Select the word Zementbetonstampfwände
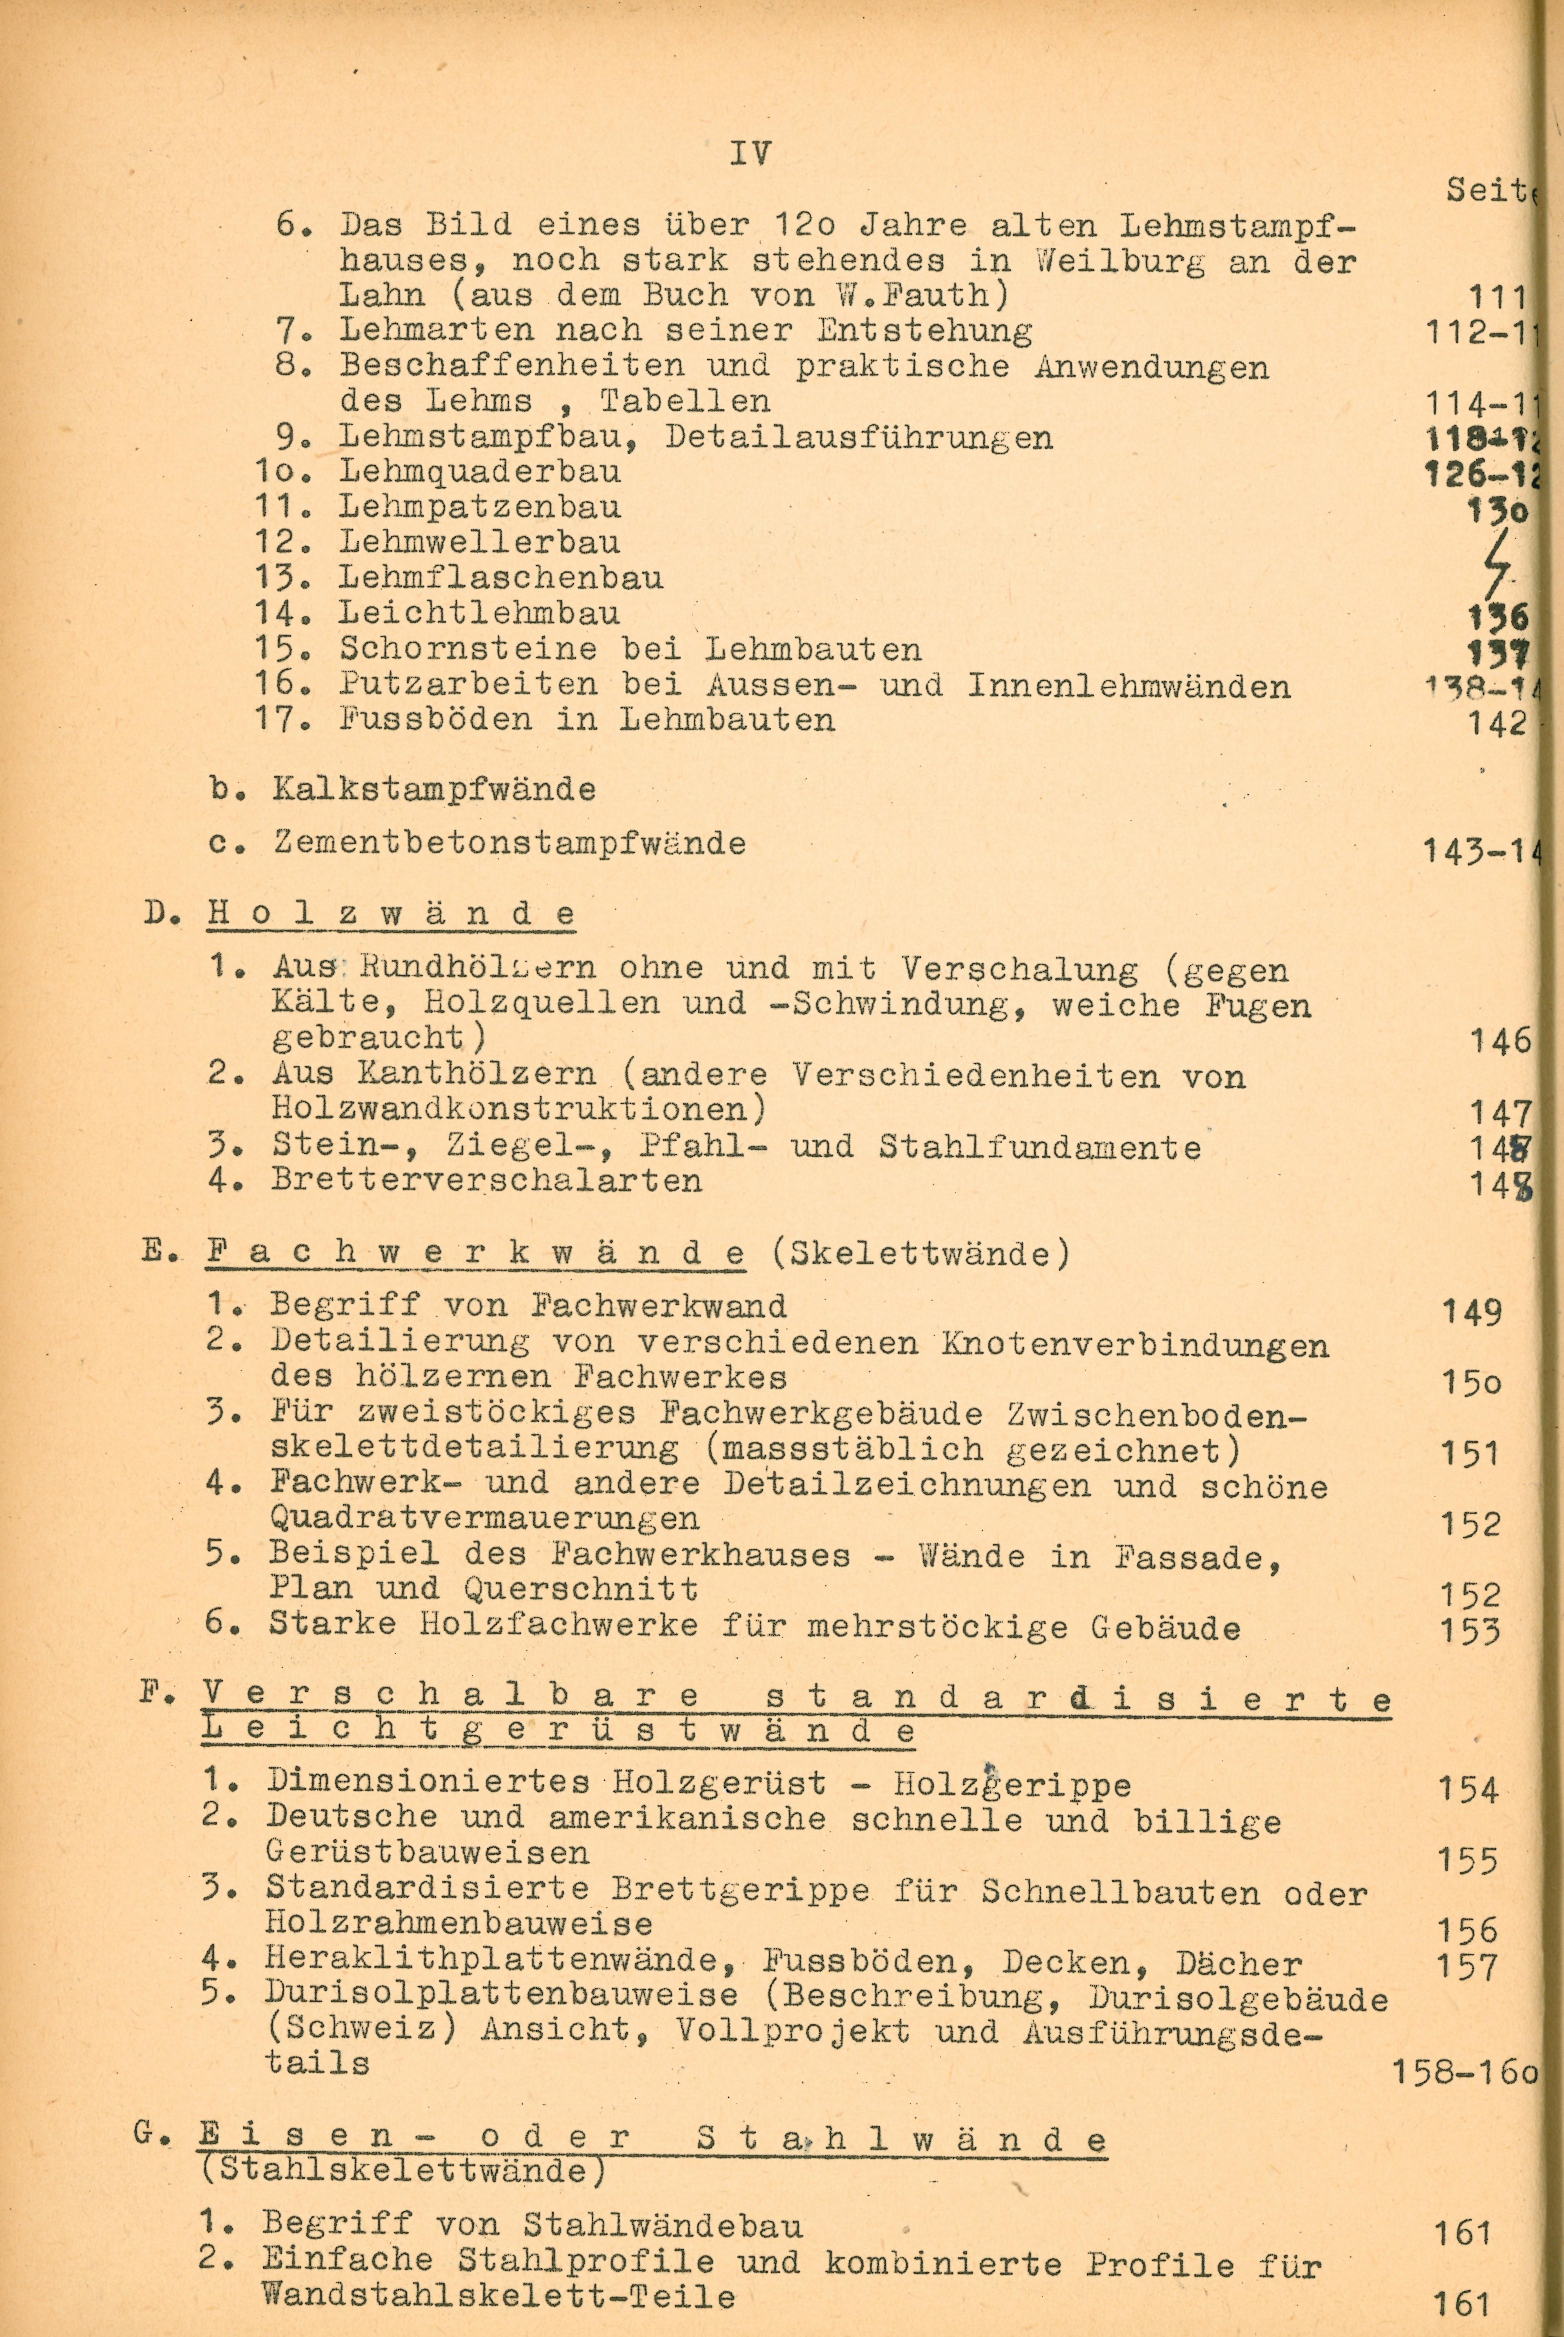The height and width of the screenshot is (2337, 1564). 510,844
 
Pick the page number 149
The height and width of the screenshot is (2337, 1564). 1471,1312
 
